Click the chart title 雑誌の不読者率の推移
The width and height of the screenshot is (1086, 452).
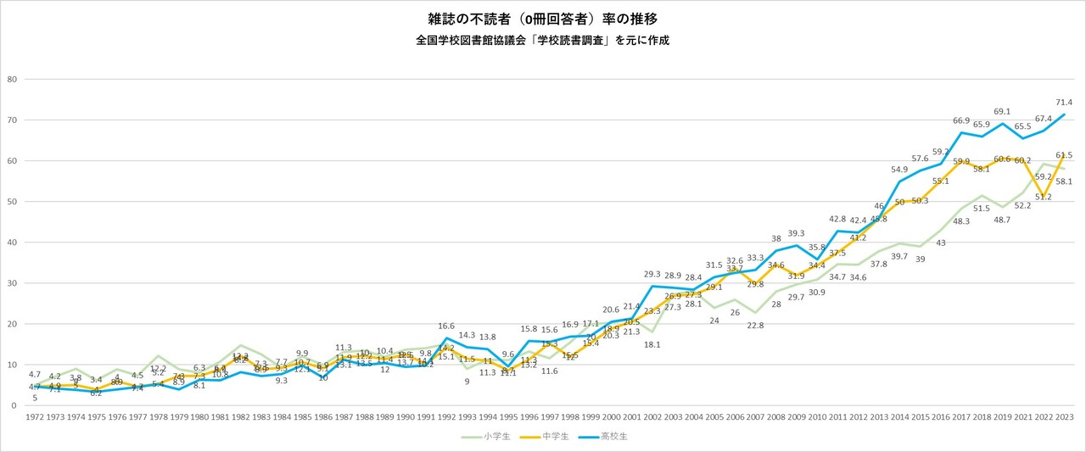tap(542, 18)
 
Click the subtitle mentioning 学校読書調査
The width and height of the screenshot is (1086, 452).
tap(542, 40)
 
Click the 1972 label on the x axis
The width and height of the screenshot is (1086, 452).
tap(35, 417)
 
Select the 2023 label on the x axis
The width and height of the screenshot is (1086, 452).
tap(1065, 417)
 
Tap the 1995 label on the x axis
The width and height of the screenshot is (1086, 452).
tap(508, 417)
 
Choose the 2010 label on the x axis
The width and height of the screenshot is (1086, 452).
tap(816, 417)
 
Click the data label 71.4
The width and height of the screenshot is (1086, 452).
tap(1065, 102)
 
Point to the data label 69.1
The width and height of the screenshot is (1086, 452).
tap(1003, 111)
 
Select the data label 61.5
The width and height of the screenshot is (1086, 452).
tap(1065, 155)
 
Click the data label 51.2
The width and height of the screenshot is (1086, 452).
tap(1044, 220)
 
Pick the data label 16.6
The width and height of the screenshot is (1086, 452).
tap(447, 326)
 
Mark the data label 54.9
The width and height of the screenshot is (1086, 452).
tap(899, 170)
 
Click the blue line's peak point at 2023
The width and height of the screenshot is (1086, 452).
tap(1065, 114)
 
